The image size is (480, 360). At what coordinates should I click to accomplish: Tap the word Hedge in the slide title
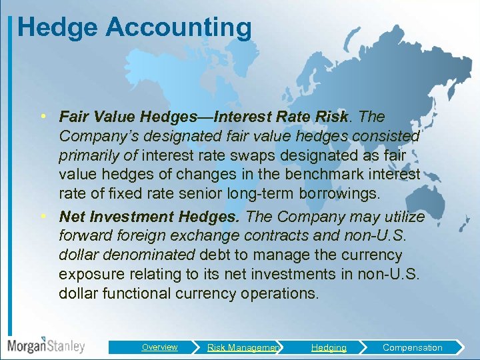pyautogui.click(x=57, y=28)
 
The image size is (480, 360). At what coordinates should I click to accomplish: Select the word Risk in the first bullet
pyautogui.click(x=332, y=117)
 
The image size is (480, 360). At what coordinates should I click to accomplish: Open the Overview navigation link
pyautogui.click(x=159, y=347)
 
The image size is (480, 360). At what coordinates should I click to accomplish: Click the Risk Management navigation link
pyautogui.click(x=243, y=347)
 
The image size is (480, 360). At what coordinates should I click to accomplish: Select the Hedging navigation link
pyautogui.click(x=329, y=347)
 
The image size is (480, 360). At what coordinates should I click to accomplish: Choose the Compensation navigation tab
pyautogui.click(x=412, y=347)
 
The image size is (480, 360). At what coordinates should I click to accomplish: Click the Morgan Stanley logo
pyautogui.click(x=46, y=345)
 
